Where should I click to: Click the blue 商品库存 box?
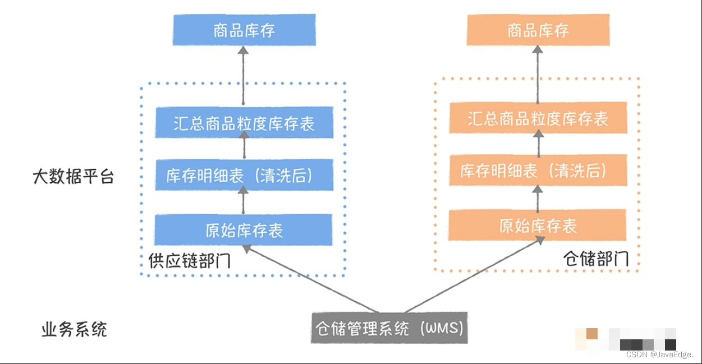(244, 30)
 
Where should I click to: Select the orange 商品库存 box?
(538, 30)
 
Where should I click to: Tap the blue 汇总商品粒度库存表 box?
(244, 123)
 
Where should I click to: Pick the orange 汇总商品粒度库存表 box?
(538, 118)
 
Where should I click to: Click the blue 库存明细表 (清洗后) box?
(244, 175)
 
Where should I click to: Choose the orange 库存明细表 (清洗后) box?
(538, 171)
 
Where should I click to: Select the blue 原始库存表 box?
(244, 229)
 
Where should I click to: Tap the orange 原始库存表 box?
(538, 225)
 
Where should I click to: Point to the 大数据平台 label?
(73, 177)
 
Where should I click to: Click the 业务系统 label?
(74, 329)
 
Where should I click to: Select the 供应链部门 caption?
(190, 261)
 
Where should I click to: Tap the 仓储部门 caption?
(596, 259)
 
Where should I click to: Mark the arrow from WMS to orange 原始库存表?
(471, 275)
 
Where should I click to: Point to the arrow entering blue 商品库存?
(243, 75)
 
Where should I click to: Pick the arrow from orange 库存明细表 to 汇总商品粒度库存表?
(539, 144)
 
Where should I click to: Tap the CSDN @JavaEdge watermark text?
(659, 354)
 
